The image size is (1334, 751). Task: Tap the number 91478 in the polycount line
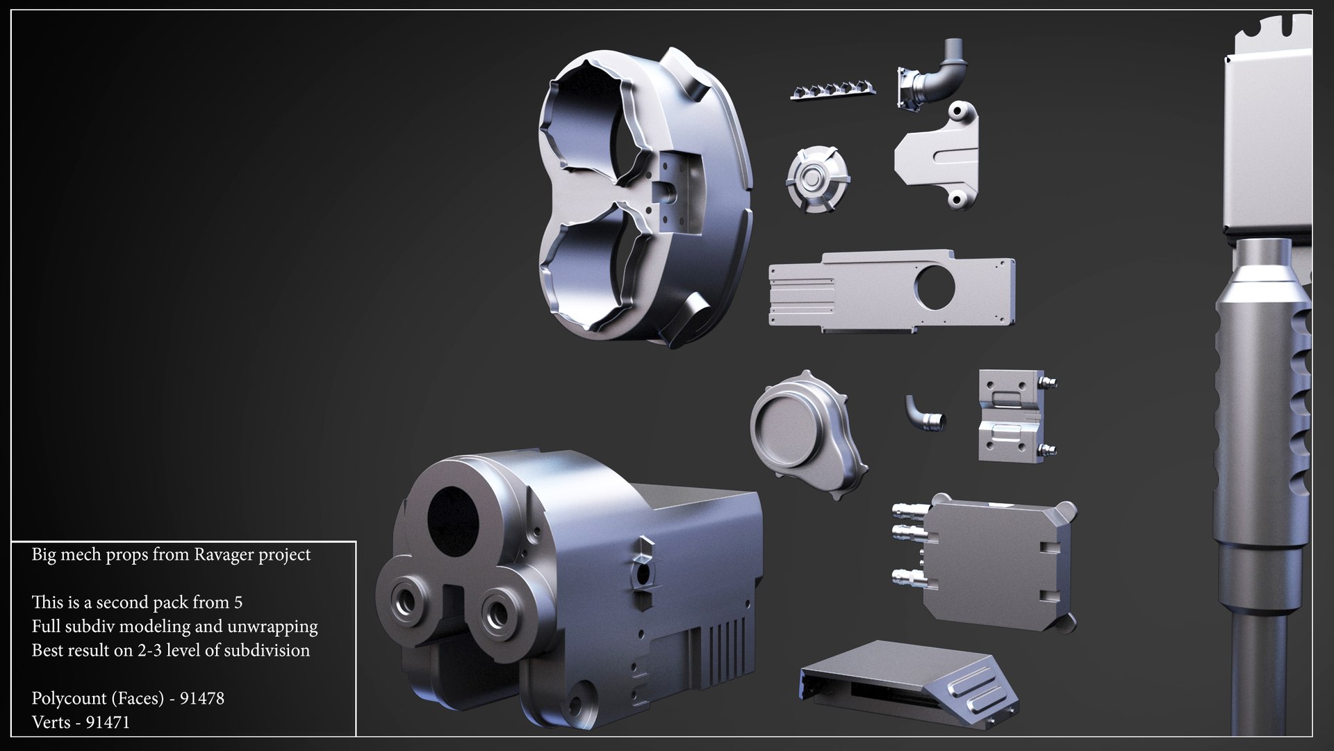coord(201,698)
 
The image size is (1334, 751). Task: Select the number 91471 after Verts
coord(108,722)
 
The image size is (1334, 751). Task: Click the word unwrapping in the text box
coord(278,627)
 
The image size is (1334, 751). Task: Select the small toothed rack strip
coord(832,90)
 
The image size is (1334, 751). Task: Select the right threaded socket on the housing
coord(499,612)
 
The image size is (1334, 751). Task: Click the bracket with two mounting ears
coord(938,156)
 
